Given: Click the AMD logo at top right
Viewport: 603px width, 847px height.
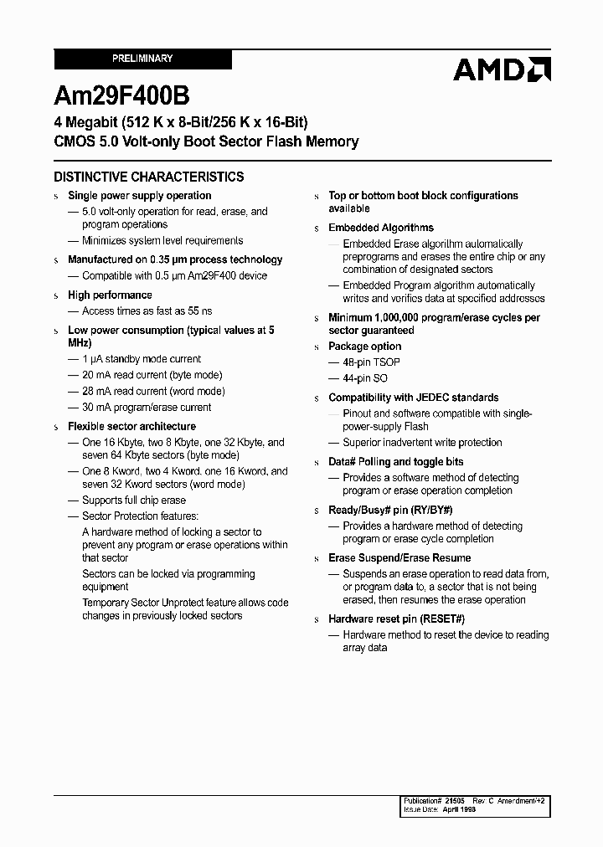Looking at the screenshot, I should coord(502,69).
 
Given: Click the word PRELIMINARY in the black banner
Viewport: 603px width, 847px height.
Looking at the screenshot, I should coord(142,59).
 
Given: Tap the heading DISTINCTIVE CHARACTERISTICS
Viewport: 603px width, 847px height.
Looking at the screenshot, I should coord(149,177).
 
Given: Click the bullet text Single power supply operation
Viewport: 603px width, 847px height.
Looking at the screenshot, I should coord(139,196).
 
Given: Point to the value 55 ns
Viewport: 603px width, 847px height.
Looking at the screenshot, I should coord(193,311).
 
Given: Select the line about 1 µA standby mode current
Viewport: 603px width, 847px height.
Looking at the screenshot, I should coord(142,359).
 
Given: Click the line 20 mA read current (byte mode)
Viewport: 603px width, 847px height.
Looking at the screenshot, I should coord(152,375).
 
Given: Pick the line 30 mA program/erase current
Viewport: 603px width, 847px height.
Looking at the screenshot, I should coord(147,407).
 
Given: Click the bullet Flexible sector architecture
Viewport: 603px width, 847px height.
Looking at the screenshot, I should coord(131,426).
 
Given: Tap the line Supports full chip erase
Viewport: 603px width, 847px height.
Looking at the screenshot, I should coord(133,501).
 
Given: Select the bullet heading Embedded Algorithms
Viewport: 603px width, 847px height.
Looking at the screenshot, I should coord(381,228).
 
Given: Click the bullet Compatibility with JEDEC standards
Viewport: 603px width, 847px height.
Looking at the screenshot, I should coord(413,398).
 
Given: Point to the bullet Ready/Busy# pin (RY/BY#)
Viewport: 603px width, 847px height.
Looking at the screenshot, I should coord(390,510).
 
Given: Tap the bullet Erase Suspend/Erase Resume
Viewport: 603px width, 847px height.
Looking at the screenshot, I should coord(399,558).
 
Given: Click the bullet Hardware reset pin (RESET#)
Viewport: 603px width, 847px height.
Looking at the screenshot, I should coord(396,619).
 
